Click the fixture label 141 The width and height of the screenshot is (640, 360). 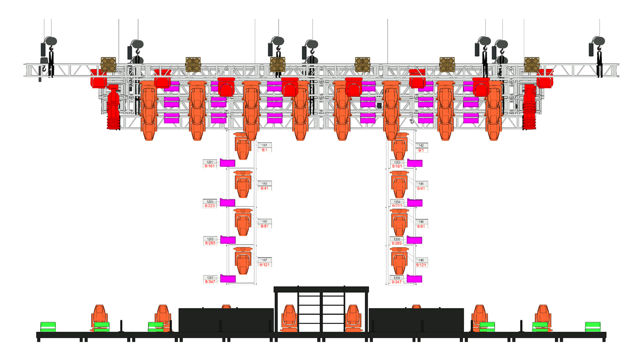265,145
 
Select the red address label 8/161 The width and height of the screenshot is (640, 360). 210,166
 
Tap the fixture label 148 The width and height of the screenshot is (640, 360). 421,260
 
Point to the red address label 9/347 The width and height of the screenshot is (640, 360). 396,282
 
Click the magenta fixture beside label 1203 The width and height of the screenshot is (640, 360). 228,202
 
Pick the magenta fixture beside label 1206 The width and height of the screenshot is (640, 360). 414,240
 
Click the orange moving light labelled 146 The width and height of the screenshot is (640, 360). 399,222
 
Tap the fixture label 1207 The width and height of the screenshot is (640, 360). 210,277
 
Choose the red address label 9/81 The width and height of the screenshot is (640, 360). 421,226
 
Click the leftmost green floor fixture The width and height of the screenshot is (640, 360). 48,327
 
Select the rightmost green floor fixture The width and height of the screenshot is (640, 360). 593,327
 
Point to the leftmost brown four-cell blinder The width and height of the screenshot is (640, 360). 108,64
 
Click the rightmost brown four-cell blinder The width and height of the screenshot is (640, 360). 532,64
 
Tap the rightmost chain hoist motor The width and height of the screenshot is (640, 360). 599,42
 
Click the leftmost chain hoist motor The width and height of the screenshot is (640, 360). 50,42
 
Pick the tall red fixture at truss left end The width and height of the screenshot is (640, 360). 113,107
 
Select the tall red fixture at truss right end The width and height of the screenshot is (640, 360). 529,107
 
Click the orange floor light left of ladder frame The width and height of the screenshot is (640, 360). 289,318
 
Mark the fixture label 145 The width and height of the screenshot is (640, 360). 265,221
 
